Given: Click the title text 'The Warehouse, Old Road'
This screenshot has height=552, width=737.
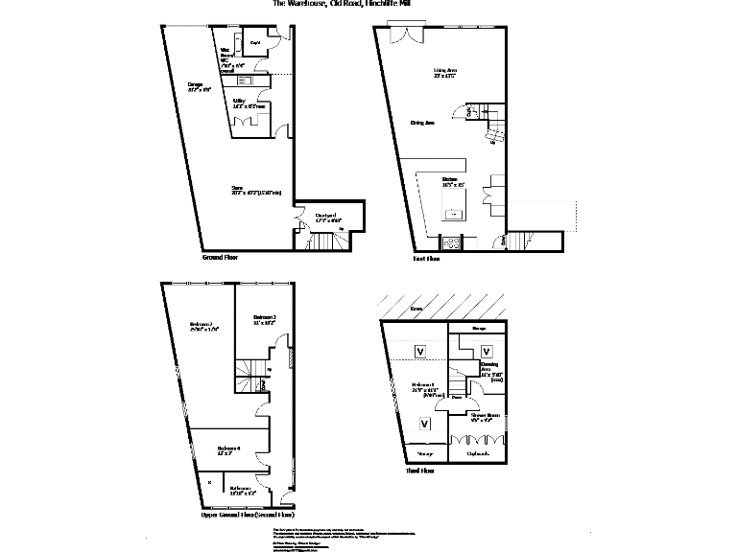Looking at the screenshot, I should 318,5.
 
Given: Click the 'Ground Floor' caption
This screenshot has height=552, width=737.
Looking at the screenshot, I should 220,258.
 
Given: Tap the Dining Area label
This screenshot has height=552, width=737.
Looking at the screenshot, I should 423,123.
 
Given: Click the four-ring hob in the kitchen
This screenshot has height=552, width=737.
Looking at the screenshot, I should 451,240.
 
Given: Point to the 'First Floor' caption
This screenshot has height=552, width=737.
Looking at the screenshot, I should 426,259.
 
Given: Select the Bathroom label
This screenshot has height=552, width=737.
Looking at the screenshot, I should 240,489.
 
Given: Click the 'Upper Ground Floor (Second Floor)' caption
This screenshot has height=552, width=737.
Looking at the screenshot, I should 246,516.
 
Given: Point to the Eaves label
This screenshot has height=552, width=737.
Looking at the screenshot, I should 416,310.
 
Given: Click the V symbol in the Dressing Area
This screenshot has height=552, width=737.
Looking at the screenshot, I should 486,351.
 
